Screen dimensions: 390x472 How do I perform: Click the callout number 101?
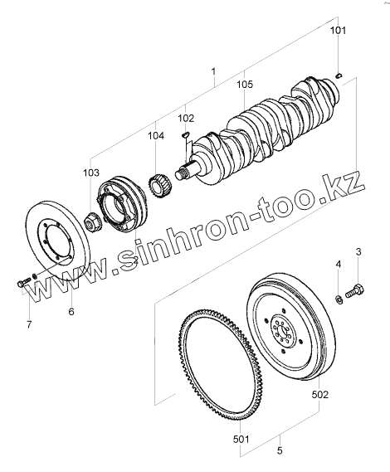click(339, 31)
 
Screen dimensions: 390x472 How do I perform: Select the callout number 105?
click(245, 84)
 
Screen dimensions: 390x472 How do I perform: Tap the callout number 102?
click(186, 119)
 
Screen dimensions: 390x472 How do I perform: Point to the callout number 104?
click(156, 136)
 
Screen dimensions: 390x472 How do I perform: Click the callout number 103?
click(91, 173)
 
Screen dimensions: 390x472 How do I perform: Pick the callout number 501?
click(241, 440)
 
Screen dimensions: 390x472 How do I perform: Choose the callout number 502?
click(319, 394)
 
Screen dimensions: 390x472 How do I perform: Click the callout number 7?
click(29, 325)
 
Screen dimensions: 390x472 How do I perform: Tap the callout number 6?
click(71, 311)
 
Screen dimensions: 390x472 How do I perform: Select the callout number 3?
click(358, 251)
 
